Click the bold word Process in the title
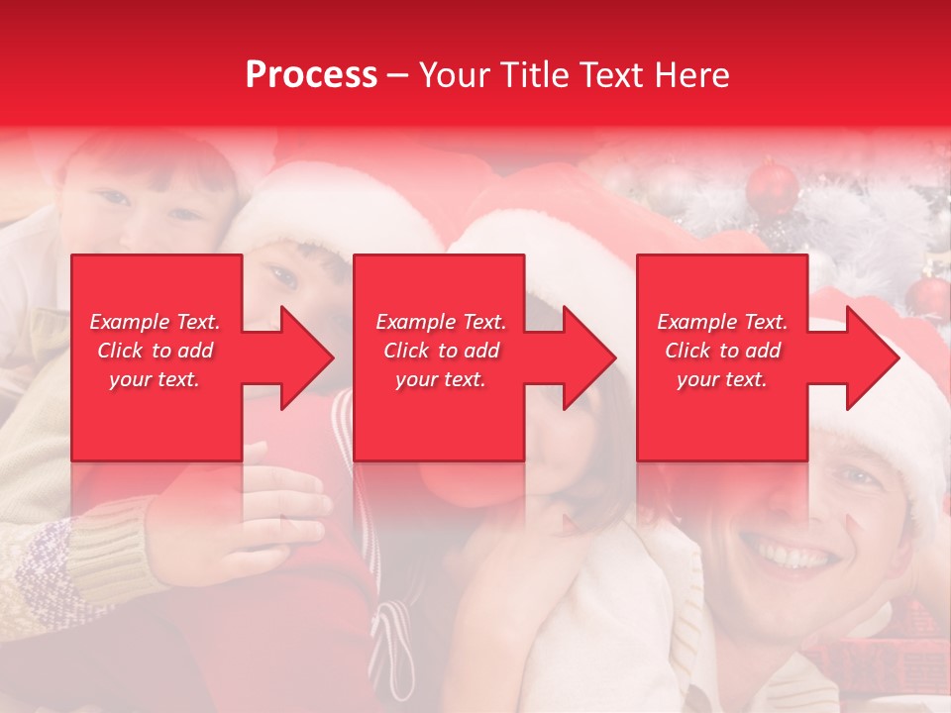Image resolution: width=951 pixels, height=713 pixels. coord(311,75)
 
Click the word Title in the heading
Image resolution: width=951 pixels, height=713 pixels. coord(533,75)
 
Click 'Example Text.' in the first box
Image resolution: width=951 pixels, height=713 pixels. coord(156,322)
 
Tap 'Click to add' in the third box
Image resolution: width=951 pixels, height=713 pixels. coord(722,351)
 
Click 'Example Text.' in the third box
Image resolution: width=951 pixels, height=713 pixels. coord(722,322)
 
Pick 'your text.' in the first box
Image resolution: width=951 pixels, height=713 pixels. coord(156,379)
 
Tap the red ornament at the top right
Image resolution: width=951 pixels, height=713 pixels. coord(773,188)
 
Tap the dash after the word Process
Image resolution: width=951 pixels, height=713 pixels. coord(397,76)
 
